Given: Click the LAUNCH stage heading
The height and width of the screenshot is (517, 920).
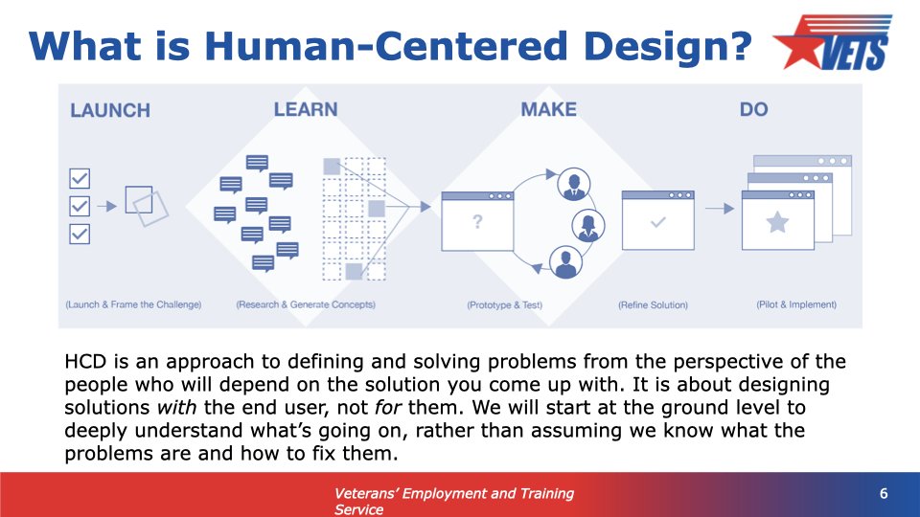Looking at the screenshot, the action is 110,110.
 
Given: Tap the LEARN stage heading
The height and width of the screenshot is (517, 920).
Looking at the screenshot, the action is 306,109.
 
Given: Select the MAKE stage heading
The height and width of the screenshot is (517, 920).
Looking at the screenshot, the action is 548,109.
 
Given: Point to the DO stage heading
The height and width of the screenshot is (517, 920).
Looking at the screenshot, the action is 754,109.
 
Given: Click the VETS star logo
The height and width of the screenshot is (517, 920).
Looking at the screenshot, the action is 833,42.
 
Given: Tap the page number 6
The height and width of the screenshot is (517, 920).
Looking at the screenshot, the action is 884,494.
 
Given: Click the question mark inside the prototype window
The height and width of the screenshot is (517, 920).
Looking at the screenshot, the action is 477,221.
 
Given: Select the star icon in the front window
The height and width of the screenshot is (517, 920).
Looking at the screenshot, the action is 777,223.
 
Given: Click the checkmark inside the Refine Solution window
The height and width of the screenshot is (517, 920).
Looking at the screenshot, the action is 658,222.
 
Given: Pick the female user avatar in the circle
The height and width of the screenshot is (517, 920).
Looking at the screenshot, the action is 587,226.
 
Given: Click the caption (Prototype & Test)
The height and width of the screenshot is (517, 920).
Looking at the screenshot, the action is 505,304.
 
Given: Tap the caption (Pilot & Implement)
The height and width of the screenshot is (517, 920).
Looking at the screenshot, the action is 796,304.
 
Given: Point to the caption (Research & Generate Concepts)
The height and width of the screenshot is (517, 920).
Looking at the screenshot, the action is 306,304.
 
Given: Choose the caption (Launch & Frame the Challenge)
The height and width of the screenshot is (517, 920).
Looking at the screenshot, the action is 133,304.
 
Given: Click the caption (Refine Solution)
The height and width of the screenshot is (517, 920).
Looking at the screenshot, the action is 653,304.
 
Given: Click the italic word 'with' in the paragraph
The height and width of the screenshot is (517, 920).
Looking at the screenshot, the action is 176,407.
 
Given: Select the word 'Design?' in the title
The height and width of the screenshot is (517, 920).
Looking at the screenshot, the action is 668,46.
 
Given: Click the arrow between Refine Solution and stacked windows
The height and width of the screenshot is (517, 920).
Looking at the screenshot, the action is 720,208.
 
